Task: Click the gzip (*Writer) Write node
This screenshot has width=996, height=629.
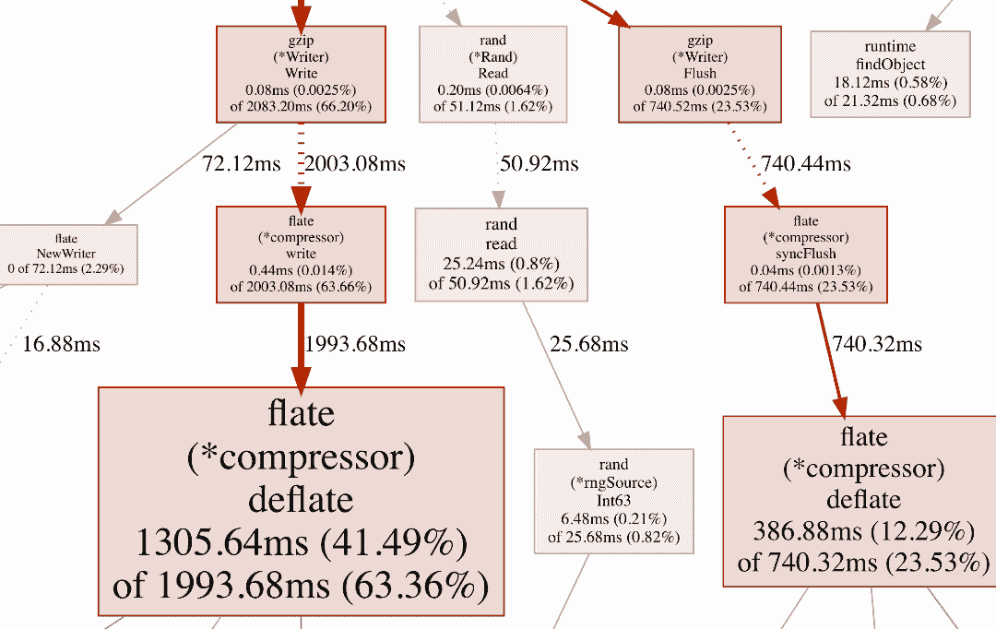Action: point(301,74)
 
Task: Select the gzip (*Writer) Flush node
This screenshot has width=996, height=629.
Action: point(701,74)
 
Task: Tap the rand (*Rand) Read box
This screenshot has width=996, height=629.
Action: point(493,74)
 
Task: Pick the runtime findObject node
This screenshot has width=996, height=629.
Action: point(890,74)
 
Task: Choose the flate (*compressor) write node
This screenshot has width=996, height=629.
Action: point(301,254)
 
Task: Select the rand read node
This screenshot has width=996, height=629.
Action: point(501,254)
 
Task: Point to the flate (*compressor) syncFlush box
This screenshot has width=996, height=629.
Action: point(806,254)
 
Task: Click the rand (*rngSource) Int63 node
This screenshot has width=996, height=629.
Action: point(613,501)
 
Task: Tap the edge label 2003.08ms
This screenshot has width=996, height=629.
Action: point(355,164)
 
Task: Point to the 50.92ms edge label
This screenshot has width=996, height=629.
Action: point(539,164)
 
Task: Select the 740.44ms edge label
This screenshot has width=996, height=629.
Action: point(805,164)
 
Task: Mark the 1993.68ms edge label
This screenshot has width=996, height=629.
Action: point(355,344)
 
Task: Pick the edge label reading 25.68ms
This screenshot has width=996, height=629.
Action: point(589,344)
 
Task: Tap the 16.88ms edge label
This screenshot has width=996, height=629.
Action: point(61,344)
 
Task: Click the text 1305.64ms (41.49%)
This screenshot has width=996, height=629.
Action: point(301,543)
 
